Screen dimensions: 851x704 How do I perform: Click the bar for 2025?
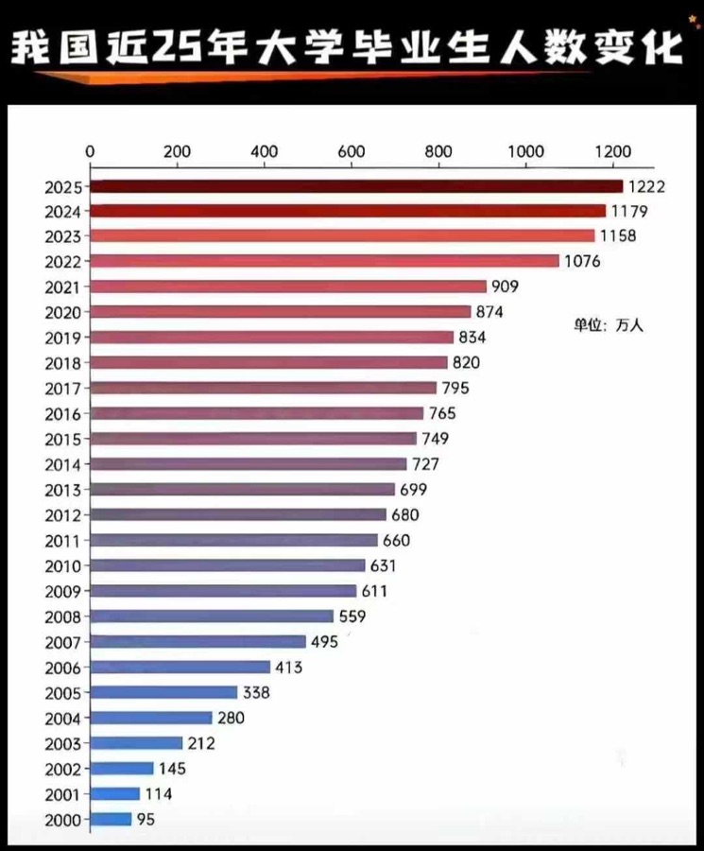click(x=356, y=186)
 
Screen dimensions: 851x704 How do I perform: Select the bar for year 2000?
click(x=111, y=820)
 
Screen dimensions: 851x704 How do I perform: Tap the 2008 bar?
click(x=212, y=617)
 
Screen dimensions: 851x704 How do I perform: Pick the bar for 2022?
click(x=324, y=261)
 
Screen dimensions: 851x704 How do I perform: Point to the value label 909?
click(x=505, y=287)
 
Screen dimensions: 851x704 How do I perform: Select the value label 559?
click(x=352, y=617)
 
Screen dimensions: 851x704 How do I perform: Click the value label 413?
click(x=288, y=668)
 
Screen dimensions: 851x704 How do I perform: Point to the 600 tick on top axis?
click(x=352, y=151)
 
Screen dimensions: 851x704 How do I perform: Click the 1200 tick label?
click(x=613, y=151)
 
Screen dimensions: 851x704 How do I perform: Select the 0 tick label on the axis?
click(x=90, y=151)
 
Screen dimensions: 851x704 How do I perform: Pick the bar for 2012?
click(x=238, y=515)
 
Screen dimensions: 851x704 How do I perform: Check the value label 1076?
click(x=582, y=261)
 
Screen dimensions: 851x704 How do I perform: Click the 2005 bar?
click(x=163, y=693)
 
